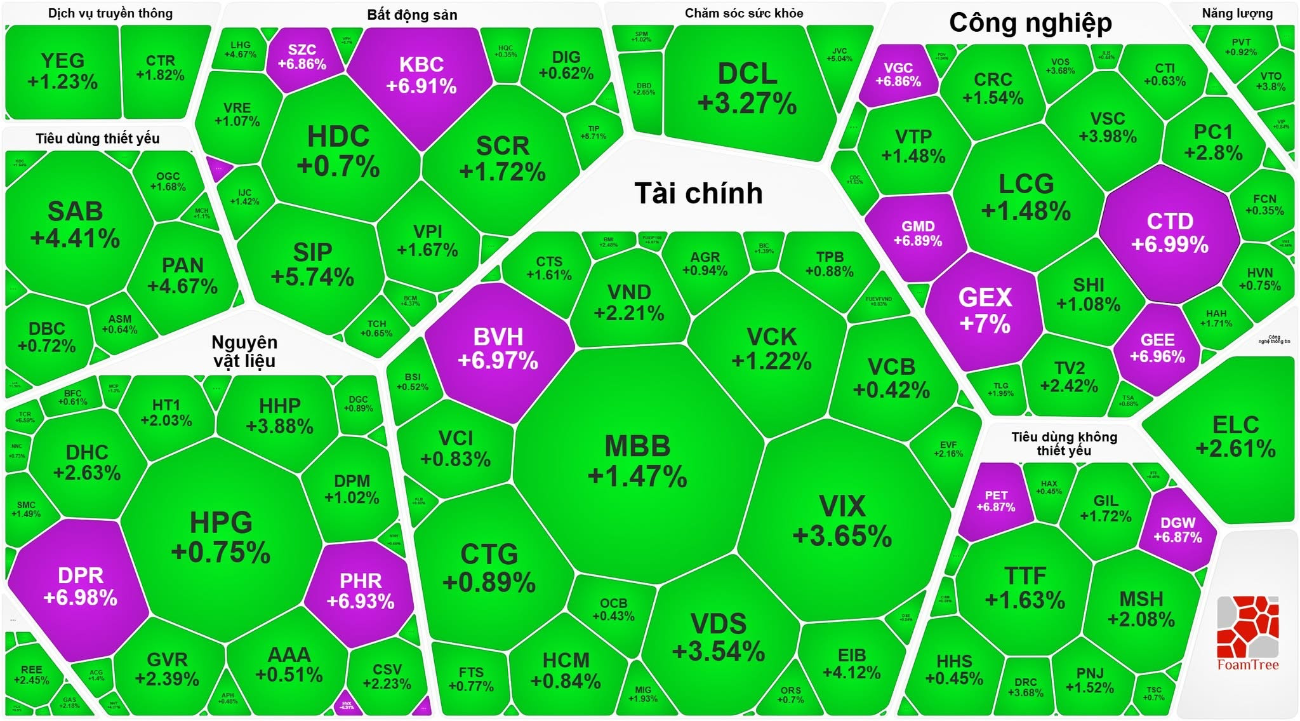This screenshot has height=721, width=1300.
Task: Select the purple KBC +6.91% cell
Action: point(421,75)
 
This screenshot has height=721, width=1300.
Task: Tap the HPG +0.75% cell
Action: point(221,537)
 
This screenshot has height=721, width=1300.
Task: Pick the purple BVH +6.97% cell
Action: point(498,348)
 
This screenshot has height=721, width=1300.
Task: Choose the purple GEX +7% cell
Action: point(985,310)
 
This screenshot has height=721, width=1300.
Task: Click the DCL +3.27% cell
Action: point(747,88)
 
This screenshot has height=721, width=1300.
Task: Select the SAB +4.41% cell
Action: point(75,224)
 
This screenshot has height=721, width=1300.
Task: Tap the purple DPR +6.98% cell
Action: point(80,586)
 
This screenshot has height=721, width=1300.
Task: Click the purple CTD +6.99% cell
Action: point(1169,232)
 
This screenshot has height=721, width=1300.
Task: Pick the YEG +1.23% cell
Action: point(62,71)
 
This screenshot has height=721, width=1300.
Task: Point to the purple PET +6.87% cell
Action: point(995,501)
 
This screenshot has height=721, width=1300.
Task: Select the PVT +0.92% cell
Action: point(1241,47)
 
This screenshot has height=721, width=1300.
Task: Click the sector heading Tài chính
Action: point(698,193)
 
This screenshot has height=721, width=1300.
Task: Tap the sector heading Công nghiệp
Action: point(1030,23)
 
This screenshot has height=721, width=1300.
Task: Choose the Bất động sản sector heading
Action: point(412,15)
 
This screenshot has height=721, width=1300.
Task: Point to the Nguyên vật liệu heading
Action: point(244,351)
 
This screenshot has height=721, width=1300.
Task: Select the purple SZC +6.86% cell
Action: point(302,57)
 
